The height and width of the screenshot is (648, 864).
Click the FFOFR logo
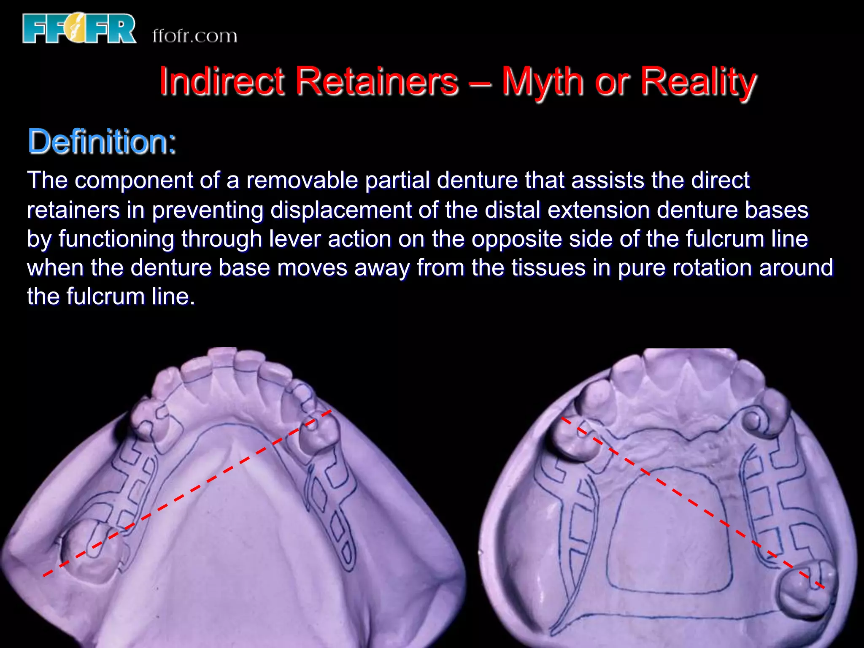pyautogui.click(x=79, y=28)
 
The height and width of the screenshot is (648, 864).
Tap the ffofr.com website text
pyautogui.click(x=194, y=36)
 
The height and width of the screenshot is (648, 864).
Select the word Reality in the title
pyautogui.click(x=699, y=81)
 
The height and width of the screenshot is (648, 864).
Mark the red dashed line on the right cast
pyautogui.click(x=692, y=502)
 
